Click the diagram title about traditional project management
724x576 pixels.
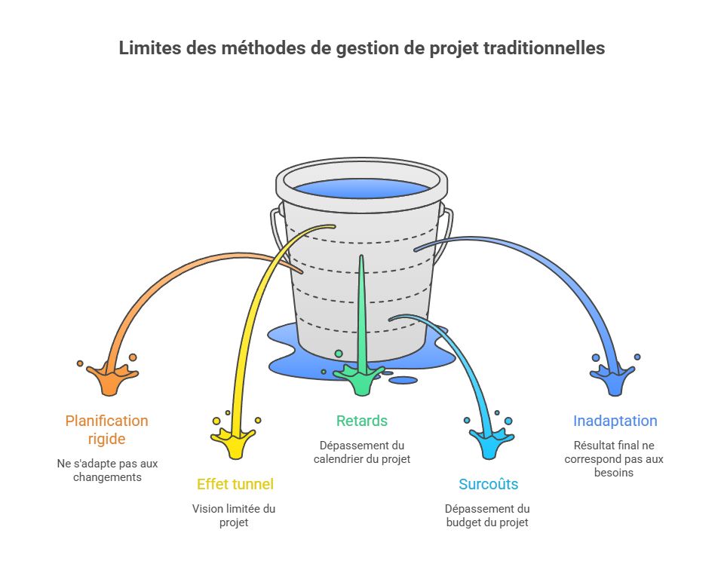pyautogui.click(x=361, y=48)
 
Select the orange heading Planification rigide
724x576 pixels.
pyautogui.click(x=106, y=430)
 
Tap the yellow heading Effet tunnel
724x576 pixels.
pyautogui.click(x=235, y=484)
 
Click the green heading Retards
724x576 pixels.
pyautogui.click(x=362, y=421)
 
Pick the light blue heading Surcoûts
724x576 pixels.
pyautogui.click(x=488, y=484)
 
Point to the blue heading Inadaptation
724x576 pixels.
pyautogui.click(x=615, y=421)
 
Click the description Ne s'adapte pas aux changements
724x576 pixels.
pyautogui.click(x=107, y=470)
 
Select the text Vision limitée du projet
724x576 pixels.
pyautogui.click(x=234, y=516)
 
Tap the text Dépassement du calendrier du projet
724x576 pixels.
pyautogui.click(x=362, y=452)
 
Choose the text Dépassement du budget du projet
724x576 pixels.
pyautogui.click(x=487, y=516)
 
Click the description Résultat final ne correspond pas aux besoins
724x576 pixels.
pyautogui.click(x=614, y=458)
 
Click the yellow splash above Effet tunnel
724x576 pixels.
pyautogui.click(x=234, y=442)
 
